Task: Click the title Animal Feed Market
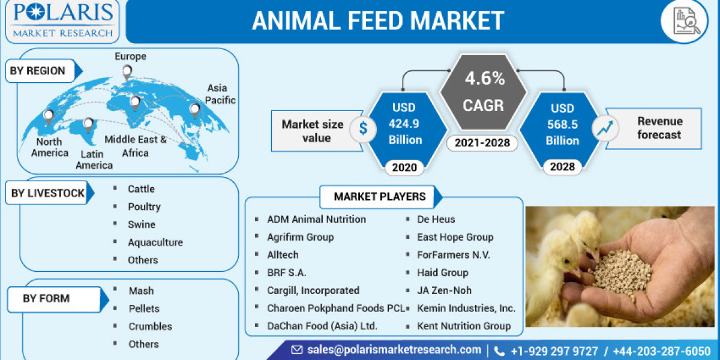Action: coord(377,20)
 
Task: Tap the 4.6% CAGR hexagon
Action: coord(483,92)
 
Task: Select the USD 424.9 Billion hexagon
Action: coord(407,124)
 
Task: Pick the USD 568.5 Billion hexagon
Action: coord(562,124)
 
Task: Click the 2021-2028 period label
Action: coord(483,143)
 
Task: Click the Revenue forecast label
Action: coord(659,128)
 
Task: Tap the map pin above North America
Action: coord(49,115)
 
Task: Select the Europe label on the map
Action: coord(130,56)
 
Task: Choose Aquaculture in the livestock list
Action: coord(155,242)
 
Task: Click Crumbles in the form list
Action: coord(150,326)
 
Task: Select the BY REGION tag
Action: coord(38,71)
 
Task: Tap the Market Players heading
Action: coord(379,196)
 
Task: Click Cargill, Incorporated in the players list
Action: coord(313,290)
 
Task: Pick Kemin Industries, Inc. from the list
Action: coord(466,308)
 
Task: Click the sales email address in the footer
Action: coord(394,350)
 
